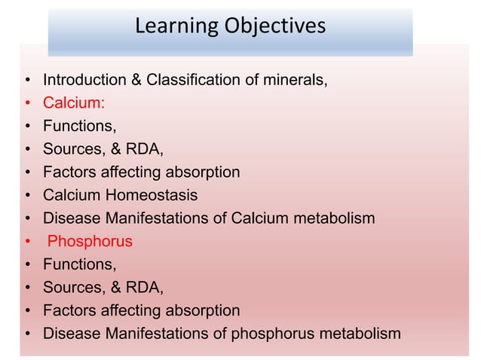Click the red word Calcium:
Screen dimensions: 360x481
point(73,102)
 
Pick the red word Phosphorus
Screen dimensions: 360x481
point(90,242)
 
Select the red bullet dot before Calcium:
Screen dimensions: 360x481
point(27,103)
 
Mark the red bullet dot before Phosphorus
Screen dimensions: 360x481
point(27,243)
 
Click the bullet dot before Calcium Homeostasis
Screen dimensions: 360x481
point(27,196)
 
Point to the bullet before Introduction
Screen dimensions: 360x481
point(27,80)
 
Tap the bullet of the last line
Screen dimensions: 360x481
point(27,334)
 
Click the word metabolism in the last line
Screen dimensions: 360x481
point(363,334)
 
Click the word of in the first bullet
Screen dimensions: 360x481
point(249,79)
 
